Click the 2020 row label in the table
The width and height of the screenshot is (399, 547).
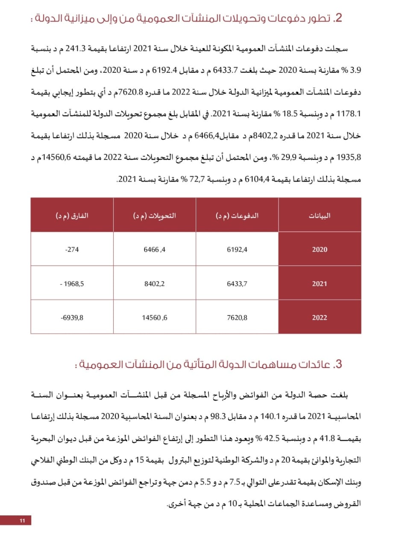320,250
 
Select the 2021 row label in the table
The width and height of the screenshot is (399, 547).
320,283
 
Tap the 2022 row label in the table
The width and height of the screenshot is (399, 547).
320,317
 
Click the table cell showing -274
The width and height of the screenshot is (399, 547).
73,250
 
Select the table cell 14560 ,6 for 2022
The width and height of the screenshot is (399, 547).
154,317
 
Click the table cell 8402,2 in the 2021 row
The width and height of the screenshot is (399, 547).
154,283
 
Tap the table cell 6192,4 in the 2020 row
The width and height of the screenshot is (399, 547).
237,250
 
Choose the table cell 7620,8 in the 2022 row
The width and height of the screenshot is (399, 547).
237,317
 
